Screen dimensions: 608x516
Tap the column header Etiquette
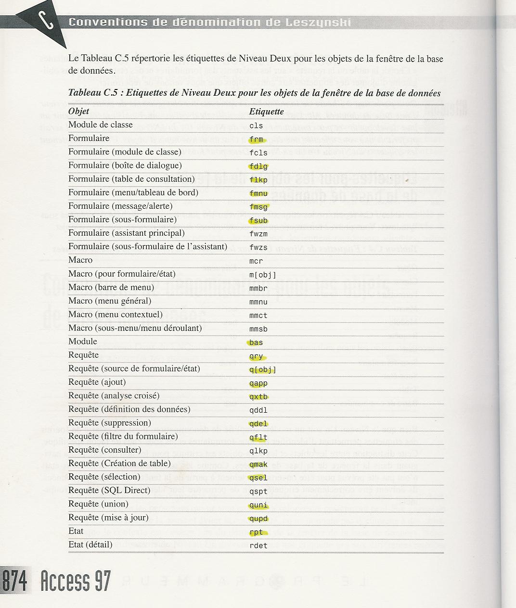click(x=266, y=112)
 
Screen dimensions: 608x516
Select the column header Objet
click(x=78, y=111)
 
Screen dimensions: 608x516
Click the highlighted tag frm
click(x=257, y=140)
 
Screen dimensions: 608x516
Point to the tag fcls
click(x=258, y=153)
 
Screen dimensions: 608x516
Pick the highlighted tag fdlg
click(x=258, y=167)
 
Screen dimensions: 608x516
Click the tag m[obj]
click(x=263, y=275)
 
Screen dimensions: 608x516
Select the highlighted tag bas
click(x=256, y=343)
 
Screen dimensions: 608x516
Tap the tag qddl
click(x=258, y=411)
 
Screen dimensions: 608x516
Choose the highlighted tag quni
click(x=258, y=506)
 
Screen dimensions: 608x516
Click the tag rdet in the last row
click(x=258, y=546)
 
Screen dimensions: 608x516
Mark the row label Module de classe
click(x=100, y=125)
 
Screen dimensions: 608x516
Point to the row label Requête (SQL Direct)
click(x=109, y=491)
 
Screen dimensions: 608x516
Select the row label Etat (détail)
click(x=90, y=545)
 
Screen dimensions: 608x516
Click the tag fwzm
click(x=258, y=234)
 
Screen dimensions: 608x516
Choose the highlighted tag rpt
click(x=257, y=532)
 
